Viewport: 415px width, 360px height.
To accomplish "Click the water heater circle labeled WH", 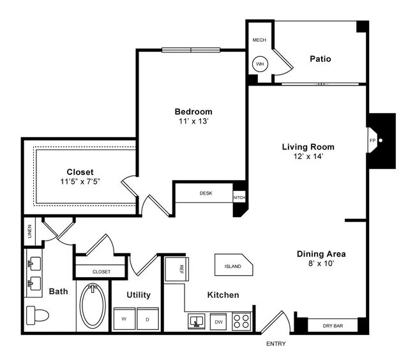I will (x=260, y=64).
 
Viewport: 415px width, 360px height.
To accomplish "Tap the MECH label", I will (x=259, y=40).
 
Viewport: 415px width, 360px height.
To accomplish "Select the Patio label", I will (x=320, y=59).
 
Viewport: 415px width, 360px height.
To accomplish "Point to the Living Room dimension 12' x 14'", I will (x=308, y=158).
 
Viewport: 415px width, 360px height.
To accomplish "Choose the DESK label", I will (x=206, y=193).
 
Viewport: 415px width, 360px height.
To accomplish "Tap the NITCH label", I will (x=239, y=197).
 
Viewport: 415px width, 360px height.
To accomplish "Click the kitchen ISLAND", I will (x=232, y=266).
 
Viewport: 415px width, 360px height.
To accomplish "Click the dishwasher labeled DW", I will (x=219, y=322).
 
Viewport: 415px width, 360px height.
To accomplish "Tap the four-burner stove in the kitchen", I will (x=243, y=320).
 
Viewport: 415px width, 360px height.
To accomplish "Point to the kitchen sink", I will (x=196, y=321).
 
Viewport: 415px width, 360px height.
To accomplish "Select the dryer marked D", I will (x=147, y=319).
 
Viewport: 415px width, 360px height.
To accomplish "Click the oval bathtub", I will (x=93, y=306).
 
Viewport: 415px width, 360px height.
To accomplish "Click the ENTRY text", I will (x=276, y=345).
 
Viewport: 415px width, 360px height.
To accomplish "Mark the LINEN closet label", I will (x=29, y=233).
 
